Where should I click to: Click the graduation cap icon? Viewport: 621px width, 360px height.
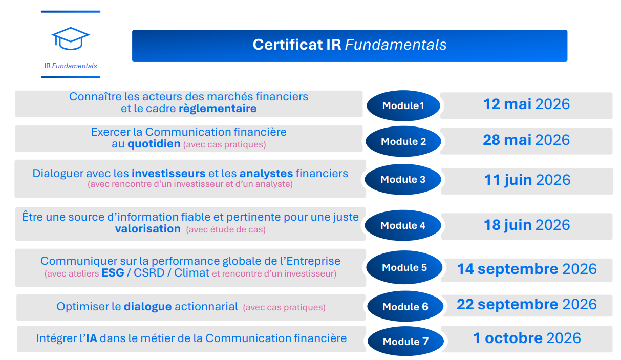coord(71,38)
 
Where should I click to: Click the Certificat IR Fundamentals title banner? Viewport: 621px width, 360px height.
coord(350,45)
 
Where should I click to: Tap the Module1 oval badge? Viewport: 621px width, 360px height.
coord(403,106)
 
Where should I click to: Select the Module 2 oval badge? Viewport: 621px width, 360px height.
coord(403,141)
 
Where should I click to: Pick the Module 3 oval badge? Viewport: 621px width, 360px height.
coord(403,180)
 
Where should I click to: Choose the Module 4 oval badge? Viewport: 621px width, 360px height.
coord(403,225)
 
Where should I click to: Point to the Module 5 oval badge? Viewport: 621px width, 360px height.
coord(404,267)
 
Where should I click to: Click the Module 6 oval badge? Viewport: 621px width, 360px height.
coord(405,307)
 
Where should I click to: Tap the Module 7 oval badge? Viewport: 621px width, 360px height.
coord(405,341)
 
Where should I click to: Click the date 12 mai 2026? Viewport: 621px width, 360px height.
coord(526,104)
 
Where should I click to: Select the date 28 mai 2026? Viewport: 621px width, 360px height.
coord(526,140)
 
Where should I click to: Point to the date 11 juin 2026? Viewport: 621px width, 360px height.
coord(527,180)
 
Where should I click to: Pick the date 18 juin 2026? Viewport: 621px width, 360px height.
coord(527,225)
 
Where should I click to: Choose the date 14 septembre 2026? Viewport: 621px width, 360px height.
coord(527,269)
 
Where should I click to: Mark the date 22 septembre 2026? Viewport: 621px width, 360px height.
coord(527,305)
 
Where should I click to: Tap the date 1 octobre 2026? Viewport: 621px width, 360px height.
coord(527,338)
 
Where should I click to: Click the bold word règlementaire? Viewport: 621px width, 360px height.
coord(218,109)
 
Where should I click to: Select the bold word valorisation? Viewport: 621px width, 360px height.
coord(148,229)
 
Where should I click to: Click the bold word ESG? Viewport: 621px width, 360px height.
coord(113,273)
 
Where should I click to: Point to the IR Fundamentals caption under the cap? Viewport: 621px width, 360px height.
coord(71,66)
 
